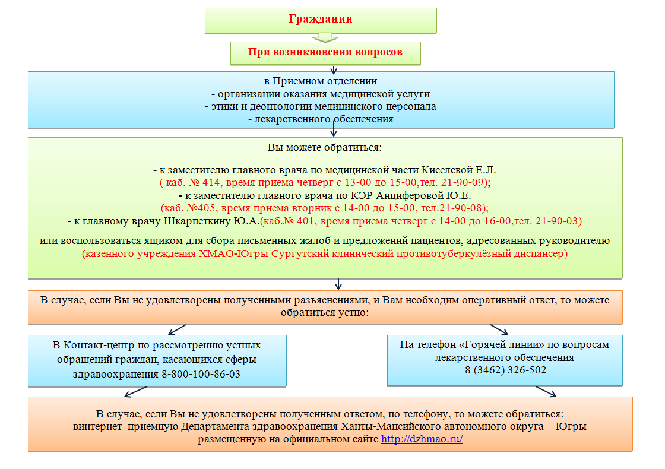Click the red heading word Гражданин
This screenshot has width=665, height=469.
[x=321, y=19]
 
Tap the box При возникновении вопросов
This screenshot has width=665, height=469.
[x=325, y=52]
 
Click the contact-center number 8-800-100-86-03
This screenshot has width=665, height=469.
[x=202, y=375]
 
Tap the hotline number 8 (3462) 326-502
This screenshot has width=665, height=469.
[x=505, y=370]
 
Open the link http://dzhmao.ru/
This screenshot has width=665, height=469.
[x=422, y=439]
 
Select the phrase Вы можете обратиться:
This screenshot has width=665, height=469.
[x=325, y=146]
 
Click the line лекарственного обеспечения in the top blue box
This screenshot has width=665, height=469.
[x=321, y=119]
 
